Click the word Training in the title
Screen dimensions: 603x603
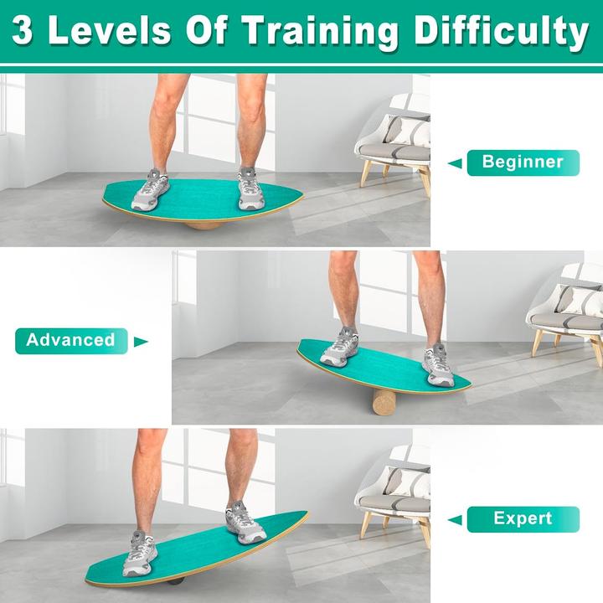pyautogui.click(x=321, y=32)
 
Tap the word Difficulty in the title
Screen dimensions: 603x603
pyautogui.click(x=501, y=32)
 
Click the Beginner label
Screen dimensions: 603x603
pyautogui.click(x=523, y=162)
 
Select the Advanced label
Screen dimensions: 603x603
pyautogui.click(x=70, y=340)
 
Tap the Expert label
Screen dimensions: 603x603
pyautogui.click(x=523, y=518)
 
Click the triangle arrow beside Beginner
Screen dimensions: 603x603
pyautogui.click(x=454, y=163)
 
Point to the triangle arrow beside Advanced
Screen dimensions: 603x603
pyautogui.click(x=141, y=342)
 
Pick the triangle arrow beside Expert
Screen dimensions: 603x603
pyautogui.click(x=454, y=520)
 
